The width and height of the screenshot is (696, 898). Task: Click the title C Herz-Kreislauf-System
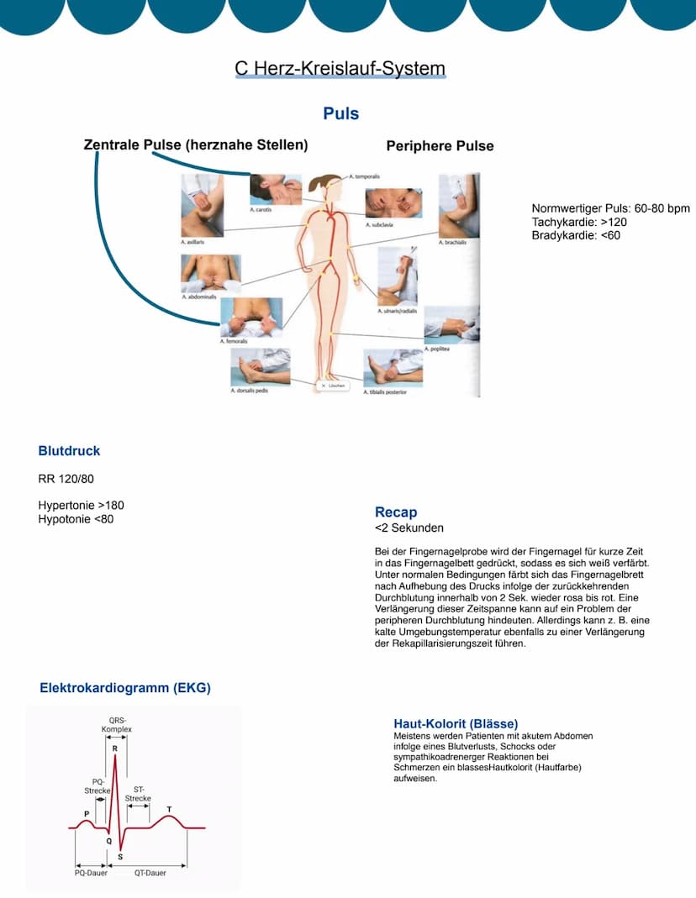tap(340, 69)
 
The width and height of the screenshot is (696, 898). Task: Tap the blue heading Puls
tap(340, 113)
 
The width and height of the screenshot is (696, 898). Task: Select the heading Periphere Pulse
tap(440, 146)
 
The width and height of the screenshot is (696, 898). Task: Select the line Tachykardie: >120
tap(579, 222)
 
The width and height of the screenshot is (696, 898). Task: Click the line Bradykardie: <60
tap(576, 235)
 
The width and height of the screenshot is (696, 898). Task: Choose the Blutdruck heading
tap(69, 451)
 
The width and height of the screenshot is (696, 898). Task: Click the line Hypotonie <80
tap(76, 519)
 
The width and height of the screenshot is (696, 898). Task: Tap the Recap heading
tap(396, 512)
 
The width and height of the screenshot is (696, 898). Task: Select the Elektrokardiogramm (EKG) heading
tap(125, 688)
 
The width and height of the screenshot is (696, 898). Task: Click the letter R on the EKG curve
tap(114, 748)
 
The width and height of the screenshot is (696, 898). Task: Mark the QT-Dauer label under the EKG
tap(150, 873)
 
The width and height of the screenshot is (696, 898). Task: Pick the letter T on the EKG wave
tap(169, 810)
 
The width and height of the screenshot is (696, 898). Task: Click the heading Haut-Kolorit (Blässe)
tap(456, 723)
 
